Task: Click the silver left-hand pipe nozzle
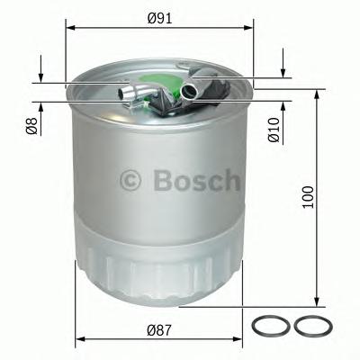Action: [130, 90]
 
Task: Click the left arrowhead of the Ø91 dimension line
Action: [69, 27]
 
